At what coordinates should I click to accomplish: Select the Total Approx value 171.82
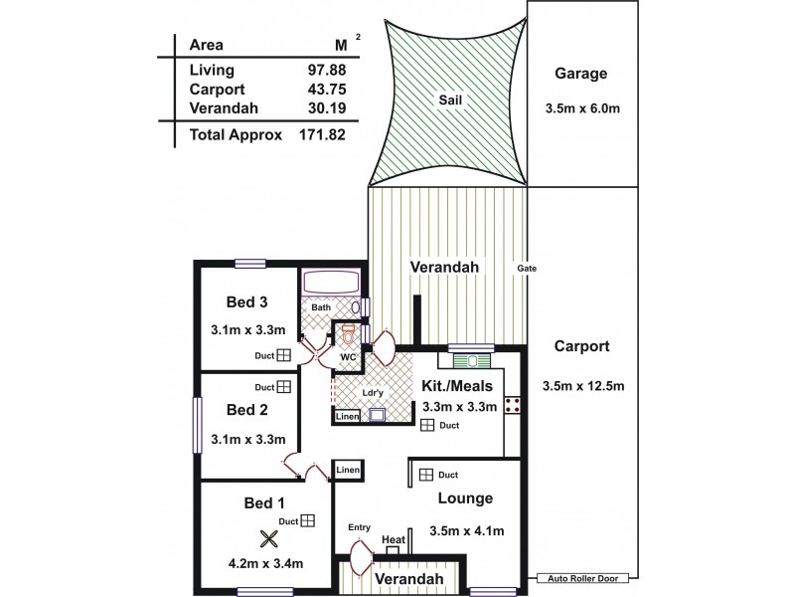[322, 132]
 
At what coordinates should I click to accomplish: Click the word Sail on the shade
[450, 99]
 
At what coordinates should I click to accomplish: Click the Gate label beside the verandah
[528, 268]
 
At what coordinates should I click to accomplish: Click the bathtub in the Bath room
[334, 284]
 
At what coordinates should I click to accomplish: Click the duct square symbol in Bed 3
[284, 353]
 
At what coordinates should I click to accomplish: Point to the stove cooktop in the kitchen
[514, 404]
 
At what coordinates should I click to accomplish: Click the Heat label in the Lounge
[394, 539]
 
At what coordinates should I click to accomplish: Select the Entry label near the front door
[360, 527]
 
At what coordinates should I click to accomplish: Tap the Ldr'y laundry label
[374, 394]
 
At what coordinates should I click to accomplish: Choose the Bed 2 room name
[247, 409]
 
